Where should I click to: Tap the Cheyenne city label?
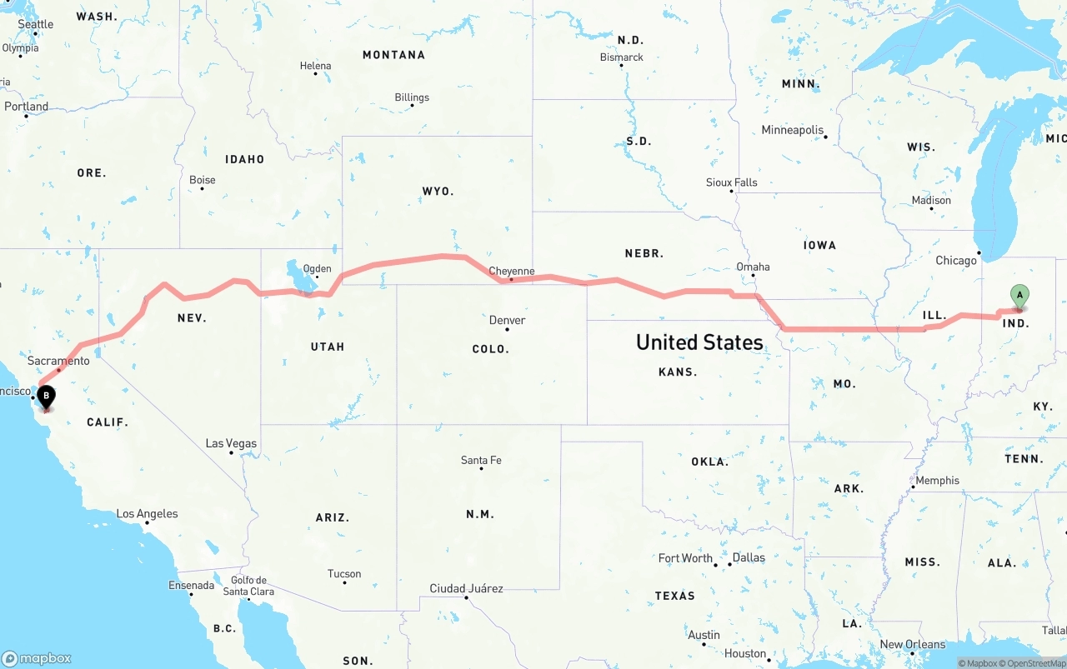pyautogui.click(x=511, y=271)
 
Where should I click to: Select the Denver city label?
pyautogui.click(x=507, y=320)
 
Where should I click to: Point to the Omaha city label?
pyautogui.click(x=753, y=267)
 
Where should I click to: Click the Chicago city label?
pyautogui.click(x=955, y=261)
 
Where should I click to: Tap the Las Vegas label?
pyautogui.click(x=231, y=443)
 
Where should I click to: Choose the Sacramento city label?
pyautogui.click(x=58, y=361)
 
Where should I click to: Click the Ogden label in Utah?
pyautogui.click(x=317, y=269)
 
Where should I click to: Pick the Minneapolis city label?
pyautogui.click(x=792, y=130)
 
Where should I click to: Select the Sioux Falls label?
pyautogui.click(x=731, y=182)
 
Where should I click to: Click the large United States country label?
pyautogui.click(x=699, y=342)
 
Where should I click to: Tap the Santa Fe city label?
pyautogui.click(x=481, y=460)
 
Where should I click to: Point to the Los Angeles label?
pyautogui.click(x=147, y=513)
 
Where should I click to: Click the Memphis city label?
pyautogui.click(x=937, y=481)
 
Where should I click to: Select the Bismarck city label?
pyautogui.click(x=622, y=57)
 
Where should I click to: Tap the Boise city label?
pyautogui.click(x=202, y=179)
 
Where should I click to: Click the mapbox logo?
pyautogui.click(x=37, y=658)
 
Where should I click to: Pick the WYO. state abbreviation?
pyautogui.click(x=438, y=191)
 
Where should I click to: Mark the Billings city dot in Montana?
pyautogui.click(x=412, y=107)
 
